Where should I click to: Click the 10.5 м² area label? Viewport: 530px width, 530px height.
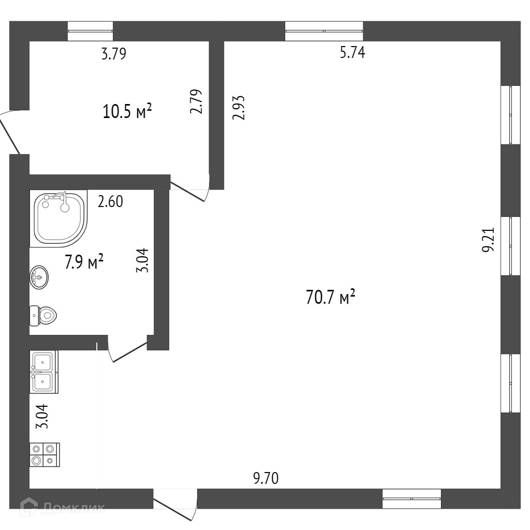coord(127,112)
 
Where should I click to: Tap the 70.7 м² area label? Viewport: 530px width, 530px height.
coord(331,297)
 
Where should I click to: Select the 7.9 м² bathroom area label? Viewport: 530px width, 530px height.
coord(84,261)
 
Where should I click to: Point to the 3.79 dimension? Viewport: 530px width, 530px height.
coord(114,54)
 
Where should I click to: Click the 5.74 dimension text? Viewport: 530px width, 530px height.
coord(352,53)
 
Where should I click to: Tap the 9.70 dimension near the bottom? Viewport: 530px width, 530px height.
coord(266,478)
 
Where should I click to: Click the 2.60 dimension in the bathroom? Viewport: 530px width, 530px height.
coord(110,201)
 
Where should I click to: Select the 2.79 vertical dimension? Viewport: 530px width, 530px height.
coord(196,101)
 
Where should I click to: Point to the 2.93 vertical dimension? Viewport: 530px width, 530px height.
coord(238,108)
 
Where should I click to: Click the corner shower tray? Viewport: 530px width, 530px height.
coord(59,218)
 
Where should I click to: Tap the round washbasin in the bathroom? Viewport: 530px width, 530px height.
coord(39,277)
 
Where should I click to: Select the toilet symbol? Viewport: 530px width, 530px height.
coord(43,316)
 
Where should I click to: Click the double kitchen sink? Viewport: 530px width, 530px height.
coord(44,372)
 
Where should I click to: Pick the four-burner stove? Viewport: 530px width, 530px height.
coord(45,454)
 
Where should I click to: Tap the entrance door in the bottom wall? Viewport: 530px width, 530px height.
coord(175,505)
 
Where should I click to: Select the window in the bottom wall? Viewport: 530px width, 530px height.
coord(411,498)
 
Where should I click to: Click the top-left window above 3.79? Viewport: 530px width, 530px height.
coord(90,31)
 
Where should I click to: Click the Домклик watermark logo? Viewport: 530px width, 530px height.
coord(63,507)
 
